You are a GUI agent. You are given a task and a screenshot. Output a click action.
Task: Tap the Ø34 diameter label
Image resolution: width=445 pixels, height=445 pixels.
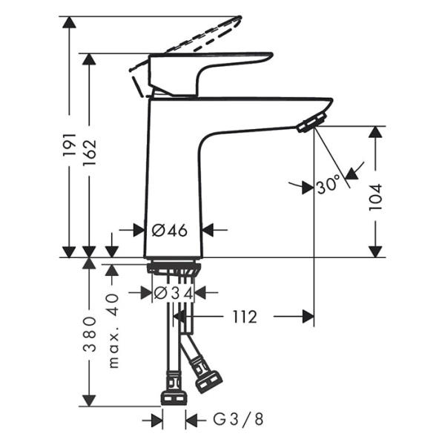174,293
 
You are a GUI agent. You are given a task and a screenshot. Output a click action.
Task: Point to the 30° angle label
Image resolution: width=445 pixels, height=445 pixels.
327,185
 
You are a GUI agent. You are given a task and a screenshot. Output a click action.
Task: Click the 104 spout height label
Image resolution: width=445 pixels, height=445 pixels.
377,197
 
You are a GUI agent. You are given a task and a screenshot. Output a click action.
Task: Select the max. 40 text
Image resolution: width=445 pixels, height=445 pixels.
113,330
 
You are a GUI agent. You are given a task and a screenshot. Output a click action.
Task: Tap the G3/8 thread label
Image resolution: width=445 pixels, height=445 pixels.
238,421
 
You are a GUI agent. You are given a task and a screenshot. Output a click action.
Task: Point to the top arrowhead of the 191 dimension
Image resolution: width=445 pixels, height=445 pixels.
70,22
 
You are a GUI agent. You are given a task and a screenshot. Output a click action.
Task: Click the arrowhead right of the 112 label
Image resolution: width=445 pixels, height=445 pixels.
306,317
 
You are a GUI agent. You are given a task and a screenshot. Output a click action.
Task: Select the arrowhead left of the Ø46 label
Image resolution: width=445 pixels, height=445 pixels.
137,230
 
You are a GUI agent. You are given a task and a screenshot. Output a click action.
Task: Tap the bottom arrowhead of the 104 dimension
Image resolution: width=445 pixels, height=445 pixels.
377,251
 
